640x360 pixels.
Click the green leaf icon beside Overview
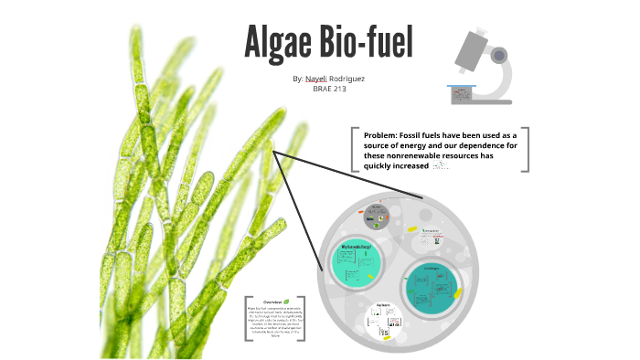click(x=288, y=301)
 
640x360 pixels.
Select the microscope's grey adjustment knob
click(x=498, y=55)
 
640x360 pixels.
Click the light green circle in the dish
click(x=354, y=266)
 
